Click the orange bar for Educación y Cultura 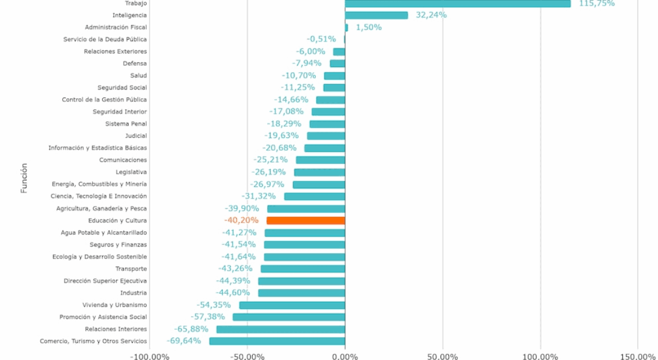click(306, 220)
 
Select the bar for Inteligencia click(376, 15)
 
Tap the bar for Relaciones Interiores click(281, 329)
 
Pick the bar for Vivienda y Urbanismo click(292, 305)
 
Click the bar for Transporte click(303, 269)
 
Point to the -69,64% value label click(184, 341)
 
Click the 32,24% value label click(431, 15)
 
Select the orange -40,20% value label click(241, 220)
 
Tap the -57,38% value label click(208, 317)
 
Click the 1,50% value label click(368, 27)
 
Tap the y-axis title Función click(24, 178)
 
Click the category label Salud click(139, 76)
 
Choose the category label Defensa click(134, 63)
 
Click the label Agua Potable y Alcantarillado click(104, 232)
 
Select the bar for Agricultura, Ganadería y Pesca click(306, 208)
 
